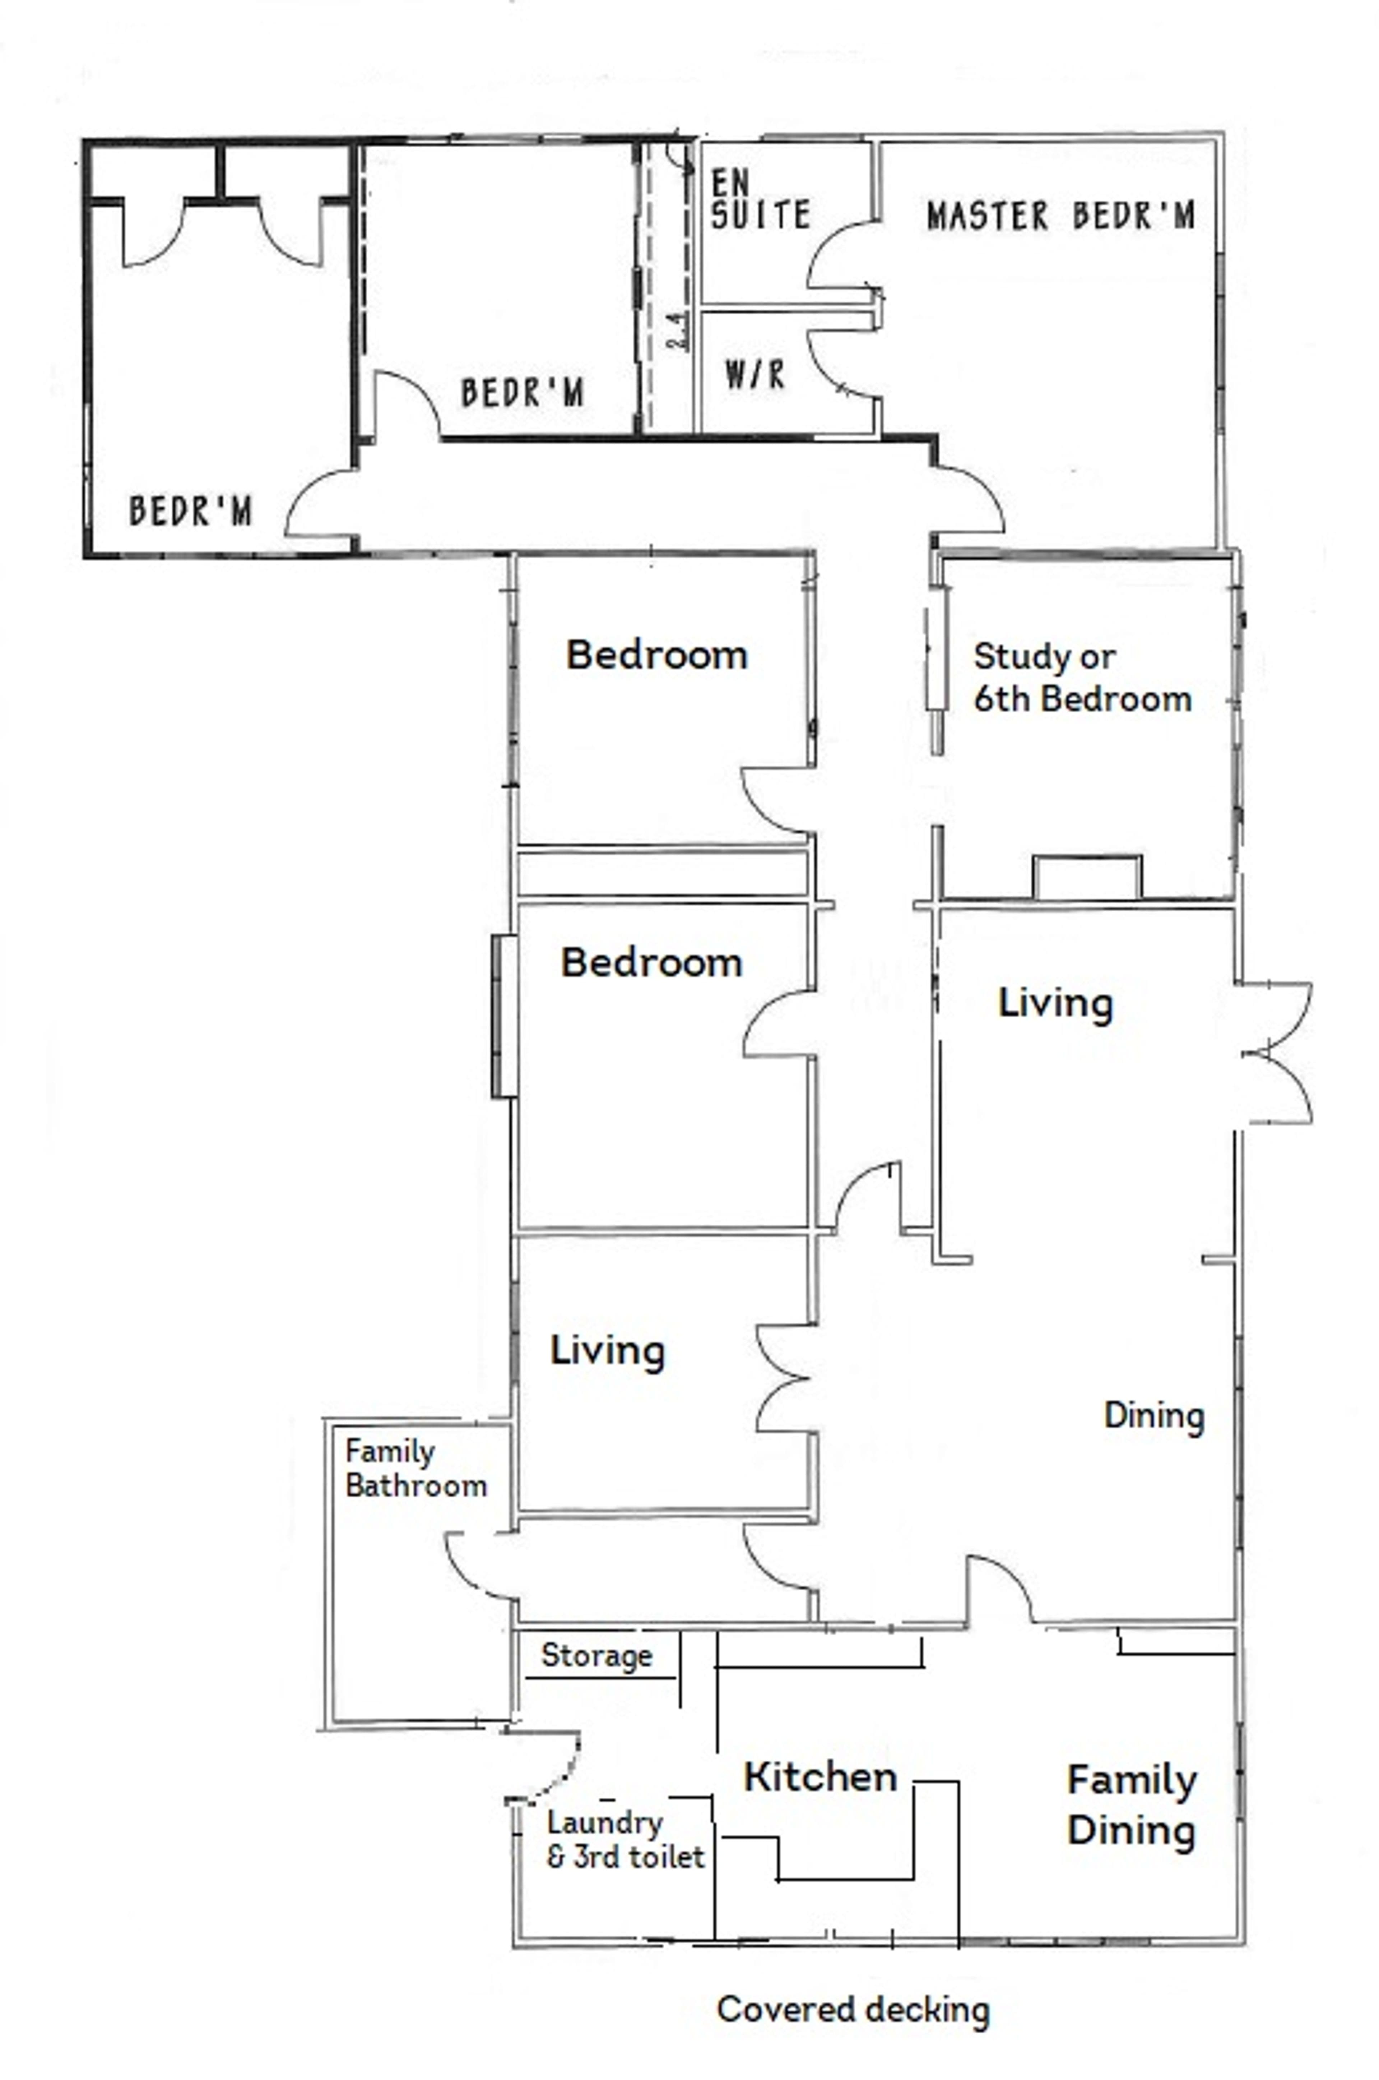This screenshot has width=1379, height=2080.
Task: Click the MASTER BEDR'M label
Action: (1060, 216)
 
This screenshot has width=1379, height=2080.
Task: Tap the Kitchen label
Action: (821, 1776)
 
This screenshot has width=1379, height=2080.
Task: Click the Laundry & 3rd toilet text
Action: (625, 1839)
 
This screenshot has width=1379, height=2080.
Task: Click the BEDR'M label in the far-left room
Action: (191, 511)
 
